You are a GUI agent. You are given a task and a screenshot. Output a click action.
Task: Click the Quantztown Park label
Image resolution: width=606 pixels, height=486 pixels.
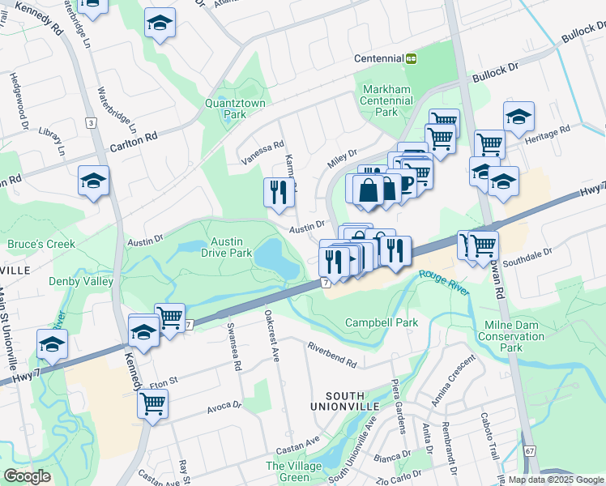coord(225,109)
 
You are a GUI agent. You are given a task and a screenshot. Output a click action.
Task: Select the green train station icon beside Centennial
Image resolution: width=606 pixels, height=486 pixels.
coord(412,58)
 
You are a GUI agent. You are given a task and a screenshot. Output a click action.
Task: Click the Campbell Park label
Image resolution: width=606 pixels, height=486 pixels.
coord(382,322)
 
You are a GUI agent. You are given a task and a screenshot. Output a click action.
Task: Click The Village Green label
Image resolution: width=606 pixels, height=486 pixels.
coord(288,471)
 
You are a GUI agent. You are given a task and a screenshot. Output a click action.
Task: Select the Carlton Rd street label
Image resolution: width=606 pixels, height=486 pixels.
coord(133,139)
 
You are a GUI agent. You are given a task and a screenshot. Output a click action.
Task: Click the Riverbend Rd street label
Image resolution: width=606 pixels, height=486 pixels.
coord(332,354)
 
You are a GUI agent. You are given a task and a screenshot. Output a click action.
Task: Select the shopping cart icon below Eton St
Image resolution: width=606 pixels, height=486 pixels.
coord(151,403)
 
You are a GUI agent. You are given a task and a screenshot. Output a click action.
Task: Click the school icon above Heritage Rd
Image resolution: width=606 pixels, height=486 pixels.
coord(518,117)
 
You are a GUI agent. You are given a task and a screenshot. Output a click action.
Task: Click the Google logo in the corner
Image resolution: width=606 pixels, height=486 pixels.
coord(27,476)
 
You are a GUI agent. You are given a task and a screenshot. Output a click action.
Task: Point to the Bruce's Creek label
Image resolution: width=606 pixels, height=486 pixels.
coord(41,244)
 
